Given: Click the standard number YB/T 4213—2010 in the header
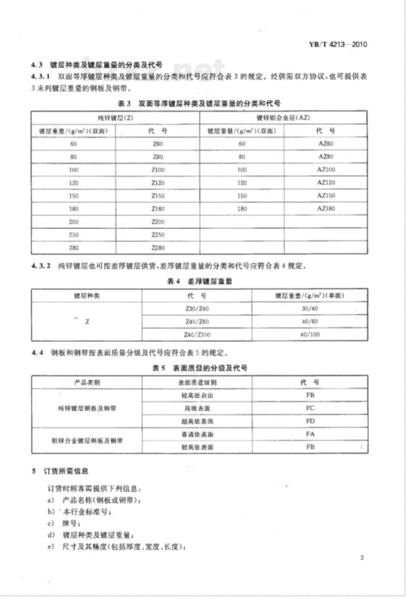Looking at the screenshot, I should point(338,44).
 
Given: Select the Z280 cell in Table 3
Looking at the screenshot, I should point(158,248).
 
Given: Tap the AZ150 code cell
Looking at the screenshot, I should point(326,196).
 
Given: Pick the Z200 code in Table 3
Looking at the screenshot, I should point(158,222).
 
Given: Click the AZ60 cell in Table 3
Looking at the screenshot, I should point(326,144).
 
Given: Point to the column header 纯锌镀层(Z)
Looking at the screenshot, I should point(115,118).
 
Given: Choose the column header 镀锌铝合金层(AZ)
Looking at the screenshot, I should point(283,118).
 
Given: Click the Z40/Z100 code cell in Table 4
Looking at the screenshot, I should point(197,335).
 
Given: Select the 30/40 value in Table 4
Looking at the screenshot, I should point(310,309).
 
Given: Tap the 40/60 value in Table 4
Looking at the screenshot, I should point(310,322).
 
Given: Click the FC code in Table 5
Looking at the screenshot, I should point(310,408).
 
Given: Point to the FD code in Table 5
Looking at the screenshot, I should point(310,421).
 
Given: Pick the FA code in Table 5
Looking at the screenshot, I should point(310,434).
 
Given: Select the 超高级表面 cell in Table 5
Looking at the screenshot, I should point(197,421).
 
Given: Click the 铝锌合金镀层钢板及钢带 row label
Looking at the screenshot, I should point(87,440).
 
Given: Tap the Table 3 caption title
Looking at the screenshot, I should point(199,104).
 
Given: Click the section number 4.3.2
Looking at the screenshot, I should point(41,266).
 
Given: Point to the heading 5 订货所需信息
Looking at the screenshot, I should point(60,471).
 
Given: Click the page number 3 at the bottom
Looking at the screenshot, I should point(362,558).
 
